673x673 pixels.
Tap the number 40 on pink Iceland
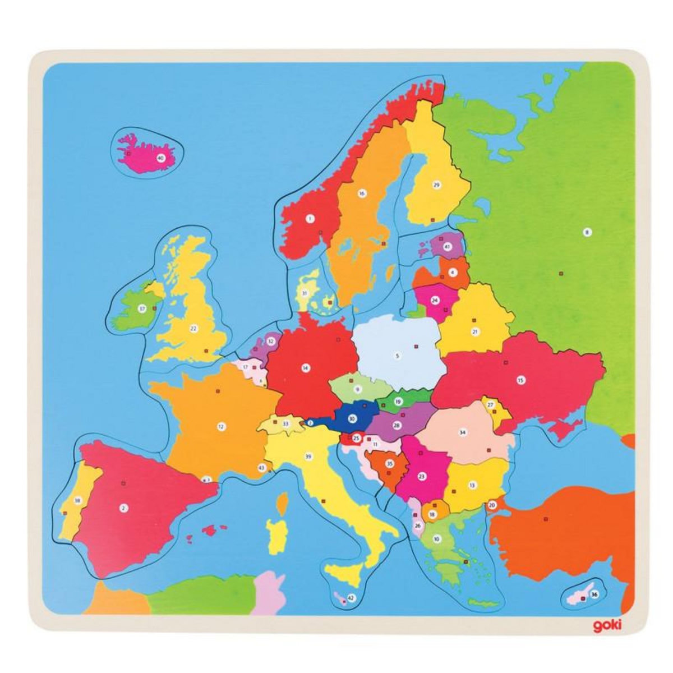pyautogui.click(x=161, y=158)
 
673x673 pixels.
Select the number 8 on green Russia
pyautogui.click(x=587, y=232)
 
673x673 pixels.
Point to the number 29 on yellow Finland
pyautogui.click(x=436, y=184)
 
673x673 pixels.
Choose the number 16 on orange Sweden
pyautogui.click(x=362, y=193)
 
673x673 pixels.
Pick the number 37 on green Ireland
pyautogui.click(x=142, y=308)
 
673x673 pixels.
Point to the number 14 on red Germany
pyautogui.click(x=305, y=368)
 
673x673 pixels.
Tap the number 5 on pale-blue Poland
pyautogui.click(x=397, y=355)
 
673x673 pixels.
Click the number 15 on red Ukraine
pyautogui.click(x=520, y=380)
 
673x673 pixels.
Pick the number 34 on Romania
pyautogui.click(x=463, y=432)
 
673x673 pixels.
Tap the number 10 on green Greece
pyautogui.click(x=436, y=539)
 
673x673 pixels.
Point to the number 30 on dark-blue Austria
pyautogui.click(x=352, y=418)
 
